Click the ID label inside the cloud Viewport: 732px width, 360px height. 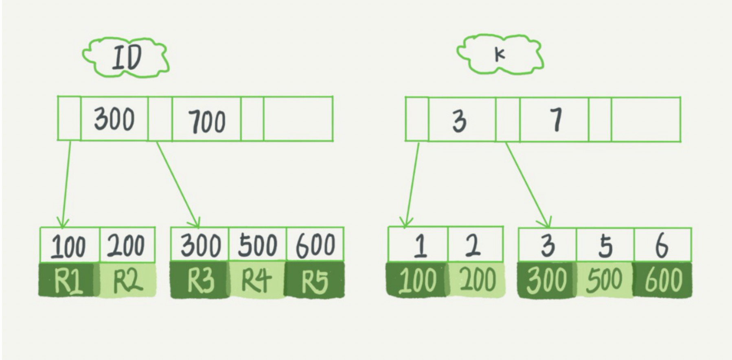(127, 58)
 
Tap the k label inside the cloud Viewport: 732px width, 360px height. (500, 55)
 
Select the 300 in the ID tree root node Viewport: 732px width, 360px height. (114, 119)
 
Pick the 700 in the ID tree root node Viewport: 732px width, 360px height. (207, 121)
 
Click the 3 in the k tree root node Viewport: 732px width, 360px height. (460, 121)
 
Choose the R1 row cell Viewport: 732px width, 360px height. (68, 280)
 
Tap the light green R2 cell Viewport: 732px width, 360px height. (127, 280)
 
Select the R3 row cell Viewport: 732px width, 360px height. (200, 280)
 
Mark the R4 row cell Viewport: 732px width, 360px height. (257, 280)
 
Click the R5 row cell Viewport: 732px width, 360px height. (315, 280)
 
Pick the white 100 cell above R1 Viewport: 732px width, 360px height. (69, 246)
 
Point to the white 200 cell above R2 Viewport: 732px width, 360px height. (127, 246)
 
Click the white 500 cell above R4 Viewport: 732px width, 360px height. (257, 245)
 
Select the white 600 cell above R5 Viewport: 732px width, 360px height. (315, 245)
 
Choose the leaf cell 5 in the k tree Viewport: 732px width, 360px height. (605, 246)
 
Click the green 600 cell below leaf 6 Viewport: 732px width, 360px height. (663, 280)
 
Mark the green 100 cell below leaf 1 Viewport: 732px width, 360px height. (418, 280)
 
